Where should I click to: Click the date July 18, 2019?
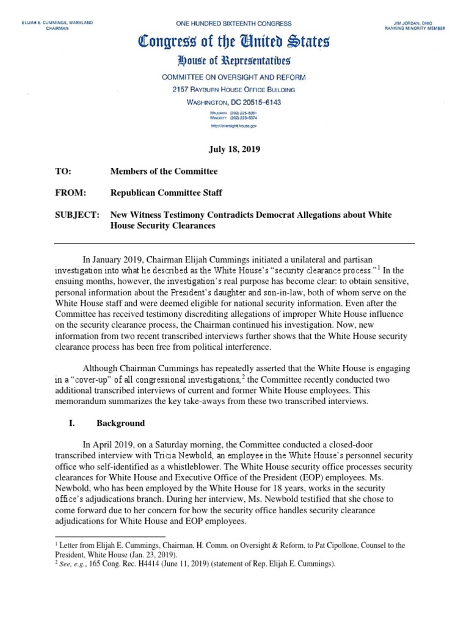[234, 150]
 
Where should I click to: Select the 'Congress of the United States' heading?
[234, 43]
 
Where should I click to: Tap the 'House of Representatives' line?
[234, 60]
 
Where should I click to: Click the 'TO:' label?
[64, 172]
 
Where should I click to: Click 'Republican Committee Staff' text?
[166, 193]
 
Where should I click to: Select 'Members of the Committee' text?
[164, 172]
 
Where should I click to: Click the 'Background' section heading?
[121, 423]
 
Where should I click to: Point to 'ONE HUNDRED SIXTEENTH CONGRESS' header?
[234, 23]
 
